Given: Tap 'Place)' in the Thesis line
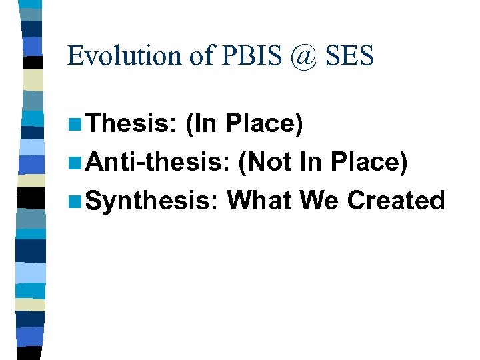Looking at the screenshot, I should (x=265, y=123).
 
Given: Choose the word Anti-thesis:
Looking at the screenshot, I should (x=157, y=161).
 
